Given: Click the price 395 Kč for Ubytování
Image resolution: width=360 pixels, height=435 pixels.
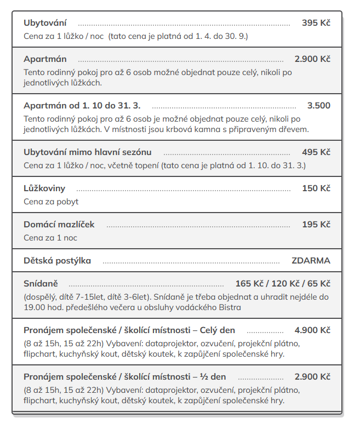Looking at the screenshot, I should (316, 23).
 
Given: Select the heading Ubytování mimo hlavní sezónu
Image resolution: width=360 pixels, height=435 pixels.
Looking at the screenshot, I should (88, 152).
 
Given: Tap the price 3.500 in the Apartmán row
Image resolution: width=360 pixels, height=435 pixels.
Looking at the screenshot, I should (318, 105).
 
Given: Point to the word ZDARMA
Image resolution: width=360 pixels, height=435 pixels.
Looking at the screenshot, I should (311, 260).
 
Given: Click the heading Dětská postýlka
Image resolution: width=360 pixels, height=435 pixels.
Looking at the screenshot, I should (57, 260).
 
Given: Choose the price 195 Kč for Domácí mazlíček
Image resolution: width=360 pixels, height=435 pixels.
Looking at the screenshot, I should (316, 225).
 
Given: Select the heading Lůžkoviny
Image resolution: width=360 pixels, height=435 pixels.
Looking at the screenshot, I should (44, 188).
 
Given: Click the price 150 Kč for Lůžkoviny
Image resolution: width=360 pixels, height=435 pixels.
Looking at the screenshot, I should (316, 188).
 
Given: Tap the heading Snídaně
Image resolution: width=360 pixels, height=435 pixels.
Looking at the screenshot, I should (41, 283).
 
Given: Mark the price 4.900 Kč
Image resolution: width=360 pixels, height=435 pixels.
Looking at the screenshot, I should (312, 330).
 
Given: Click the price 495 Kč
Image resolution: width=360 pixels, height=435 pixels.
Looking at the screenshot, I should (316, 152).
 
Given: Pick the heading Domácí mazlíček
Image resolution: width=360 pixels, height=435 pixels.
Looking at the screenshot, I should (59, 225).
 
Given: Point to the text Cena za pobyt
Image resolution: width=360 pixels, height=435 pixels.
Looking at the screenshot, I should (51, 201).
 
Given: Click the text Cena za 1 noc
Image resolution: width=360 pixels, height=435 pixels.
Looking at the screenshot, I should (50, 238).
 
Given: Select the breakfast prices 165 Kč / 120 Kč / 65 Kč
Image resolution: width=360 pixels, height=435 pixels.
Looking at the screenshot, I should (283, 283).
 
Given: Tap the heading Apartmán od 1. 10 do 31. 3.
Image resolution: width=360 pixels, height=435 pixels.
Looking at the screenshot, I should (82, 105).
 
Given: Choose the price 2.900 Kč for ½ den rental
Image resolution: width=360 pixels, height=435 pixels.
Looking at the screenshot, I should (312, 376).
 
